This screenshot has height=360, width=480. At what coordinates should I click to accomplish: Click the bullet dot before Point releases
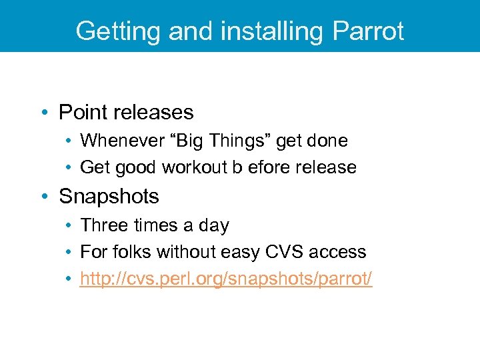(x=45, y=113)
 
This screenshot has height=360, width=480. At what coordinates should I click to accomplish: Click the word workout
(x=193, y=167)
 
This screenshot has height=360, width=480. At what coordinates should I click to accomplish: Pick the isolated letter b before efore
(x=237, y=167)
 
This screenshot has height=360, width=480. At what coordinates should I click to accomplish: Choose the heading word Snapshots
(x=109, y=197)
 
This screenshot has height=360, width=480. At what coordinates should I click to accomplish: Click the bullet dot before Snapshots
(x=45, y=197)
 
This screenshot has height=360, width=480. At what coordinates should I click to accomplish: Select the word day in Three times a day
(x=213, y=226)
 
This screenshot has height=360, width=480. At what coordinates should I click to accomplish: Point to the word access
(x=340, y=252)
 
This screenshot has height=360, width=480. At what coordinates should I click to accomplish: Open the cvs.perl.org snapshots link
(x=226, y=279)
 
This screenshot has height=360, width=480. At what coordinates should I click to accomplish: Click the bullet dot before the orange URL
(x=69, y=279)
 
